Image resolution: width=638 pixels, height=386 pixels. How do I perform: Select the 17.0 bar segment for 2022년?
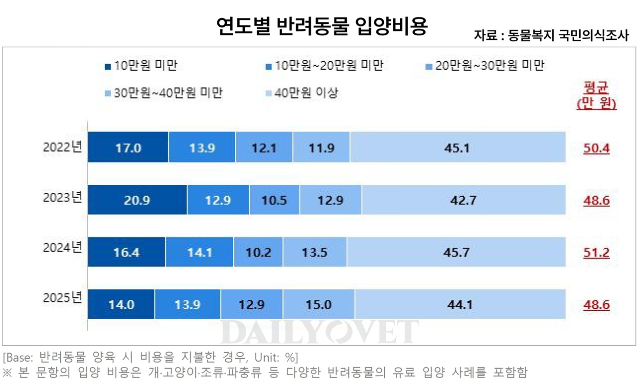pyautogui.click(x=128, y=148)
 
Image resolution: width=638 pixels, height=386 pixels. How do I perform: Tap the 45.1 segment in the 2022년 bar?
pyautogui.click(x=458, y=148)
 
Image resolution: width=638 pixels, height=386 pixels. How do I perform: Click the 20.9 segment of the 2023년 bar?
pyautogui.click(x=138, y=200)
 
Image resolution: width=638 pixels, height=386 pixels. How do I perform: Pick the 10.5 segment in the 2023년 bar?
pyautogui.click(x=274, y=200)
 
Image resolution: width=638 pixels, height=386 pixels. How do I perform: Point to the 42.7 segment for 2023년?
pyautogui.click(x=464, y=200)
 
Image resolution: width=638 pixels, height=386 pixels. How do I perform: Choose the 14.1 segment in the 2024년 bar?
pyautogui.click(x=199, y=253)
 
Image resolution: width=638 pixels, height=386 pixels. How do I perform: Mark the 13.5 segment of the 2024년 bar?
pyautogui.click(x=315, y=253)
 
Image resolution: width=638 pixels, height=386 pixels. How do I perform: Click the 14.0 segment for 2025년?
pyautogui.click(x=121, y=304)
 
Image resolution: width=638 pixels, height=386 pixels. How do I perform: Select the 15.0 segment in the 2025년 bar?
pyautogui.click(x=319, y=304)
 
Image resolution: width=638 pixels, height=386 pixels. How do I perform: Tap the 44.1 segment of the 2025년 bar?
pyautogui.click(x=460, y=304)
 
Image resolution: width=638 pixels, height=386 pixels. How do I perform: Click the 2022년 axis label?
pyautogui.click(x=62, y=148)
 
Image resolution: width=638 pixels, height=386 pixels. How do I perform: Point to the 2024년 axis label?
pyautogui.click(x=62, y=248)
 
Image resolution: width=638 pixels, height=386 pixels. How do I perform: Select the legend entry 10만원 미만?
pyautogui.click(x=142, y=66)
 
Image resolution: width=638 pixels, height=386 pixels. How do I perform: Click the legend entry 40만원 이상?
pyautogui.click(x=302, y=93)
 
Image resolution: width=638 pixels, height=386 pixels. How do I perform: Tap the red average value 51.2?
pyautogui.click(x=597, y=253)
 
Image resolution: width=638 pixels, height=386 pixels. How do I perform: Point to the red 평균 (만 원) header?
pyautogui.click(x=596, y=96)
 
